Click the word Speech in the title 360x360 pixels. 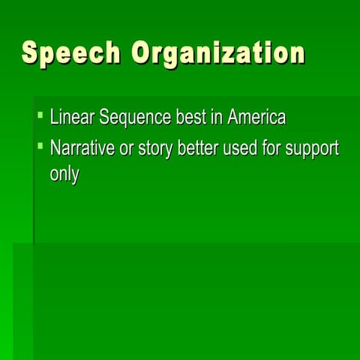tap(71, 52)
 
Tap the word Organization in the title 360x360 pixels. tap(218, 54)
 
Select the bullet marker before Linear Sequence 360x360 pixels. tap(40, 116)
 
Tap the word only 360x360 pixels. tap(64, 176)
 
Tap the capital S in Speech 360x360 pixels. tap(31, 52)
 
